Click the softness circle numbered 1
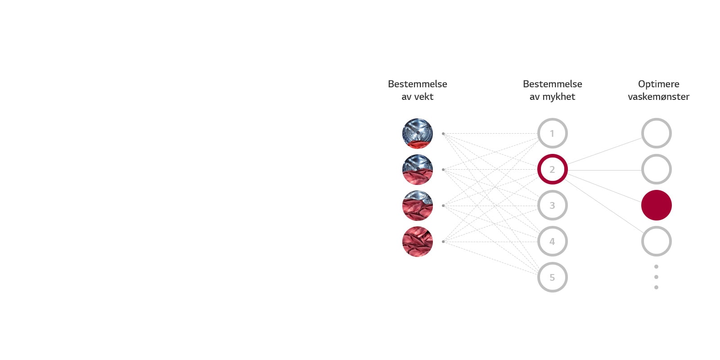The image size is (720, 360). [x=552, y=133]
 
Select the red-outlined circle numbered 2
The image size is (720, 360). [x=552, y=169]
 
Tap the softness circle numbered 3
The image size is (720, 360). [x=552, y=205]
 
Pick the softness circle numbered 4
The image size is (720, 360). [x=552, y=241]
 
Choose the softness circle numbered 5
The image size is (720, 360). [x=552, y=277]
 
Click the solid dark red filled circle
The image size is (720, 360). [x=656, y=205]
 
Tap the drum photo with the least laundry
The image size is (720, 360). [x=417, y=134]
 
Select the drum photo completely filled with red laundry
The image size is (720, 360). [x=417, y=242]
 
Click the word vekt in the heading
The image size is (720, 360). [x=423, y=97]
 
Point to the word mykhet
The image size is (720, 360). [x=558, y=97]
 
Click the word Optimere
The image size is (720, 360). [x=658, y=84]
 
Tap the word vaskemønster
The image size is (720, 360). [x=658, y=97]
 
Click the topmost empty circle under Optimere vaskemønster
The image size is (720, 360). [x=656, y=133]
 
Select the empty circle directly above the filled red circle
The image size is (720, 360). [x=656, y=169]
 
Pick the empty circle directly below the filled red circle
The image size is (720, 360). [x=656, y=241]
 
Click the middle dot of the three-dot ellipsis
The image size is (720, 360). [x=656, y=277]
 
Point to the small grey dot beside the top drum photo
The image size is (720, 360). [x=443, y=134]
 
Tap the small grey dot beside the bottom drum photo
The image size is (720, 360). [x=443, y=242]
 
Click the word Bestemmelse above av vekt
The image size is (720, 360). [x=417, y=84]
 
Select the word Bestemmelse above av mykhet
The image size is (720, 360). [x=552, y=84]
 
